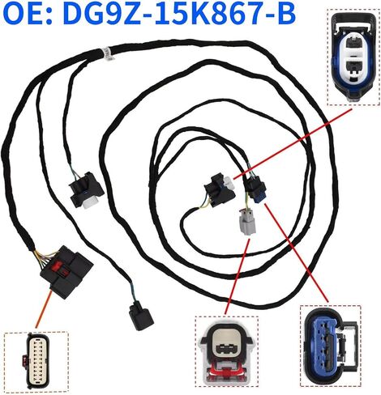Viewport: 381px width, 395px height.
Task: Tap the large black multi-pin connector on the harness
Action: tap(66, 271)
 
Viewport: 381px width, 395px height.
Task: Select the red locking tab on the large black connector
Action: tap(60, 267)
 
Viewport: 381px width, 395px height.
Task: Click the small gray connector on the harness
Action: tap(247, 222)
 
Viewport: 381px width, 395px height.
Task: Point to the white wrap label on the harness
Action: tap(107, 53)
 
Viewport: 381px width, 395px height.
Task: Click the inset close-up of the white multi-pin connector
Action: tap(36, 362)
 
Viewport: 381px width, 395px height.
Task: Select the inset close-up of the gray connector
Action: tap(226, 354)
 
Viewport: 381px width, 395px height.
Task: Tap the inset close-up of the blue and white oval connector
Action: tap(353, 57)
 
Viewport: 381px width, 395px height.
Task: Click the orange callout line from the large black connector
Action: tap(44, 309)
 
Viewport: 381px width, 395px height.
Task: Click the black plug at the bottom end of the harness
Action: tap(141, 316)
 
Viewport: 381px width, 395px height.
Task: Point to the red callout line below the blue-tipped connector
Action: tap(297, 253)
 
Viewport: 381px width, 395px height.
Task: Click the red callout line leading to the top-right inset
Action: tap(293, 143)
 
